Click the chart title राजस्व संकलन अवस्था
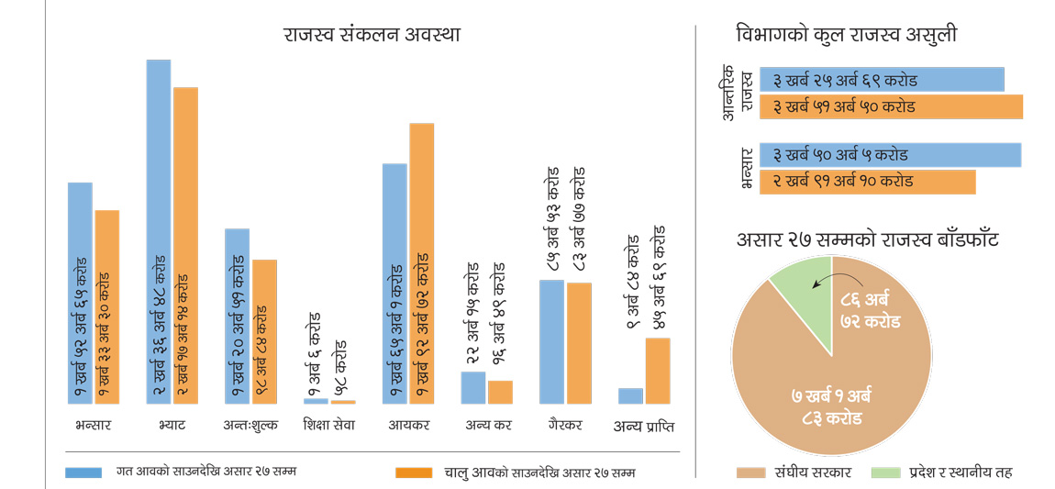pos(372,35)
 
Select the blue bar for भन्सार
pos(80,294)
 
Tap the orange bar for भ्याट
pos(185,246)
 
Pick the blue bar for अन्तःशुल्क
pos(237,317)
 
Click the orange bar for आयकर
pos(421,263)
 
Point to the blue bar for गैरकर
pos(551,342)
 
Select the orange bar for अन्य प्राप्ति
pos(658,371)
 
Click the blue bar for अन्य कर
pos(472,387)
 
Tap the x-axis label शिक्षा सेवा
pos(328,426)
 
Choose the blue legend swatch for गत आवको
pos(83,472)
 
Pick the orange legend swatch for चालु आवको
pos(413,472)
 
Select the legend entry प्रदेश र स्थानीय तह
pos(958,472)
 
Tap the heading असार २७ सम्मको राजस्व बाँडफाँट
pos(867,240)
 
